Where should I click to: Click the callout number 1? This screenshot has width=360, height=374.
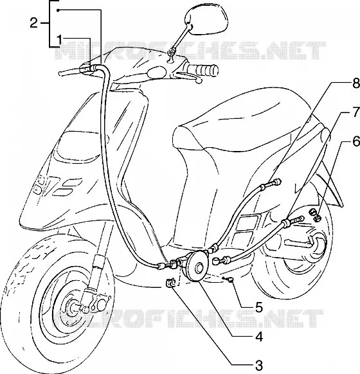pyautogui.click(x=60, y=40)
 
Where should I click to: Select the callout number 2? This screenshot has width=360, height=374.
pyautogui.click(x=34, y=23)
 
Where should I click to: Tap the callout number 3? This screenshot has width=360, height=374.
pyautogui.click(x=258, y=365)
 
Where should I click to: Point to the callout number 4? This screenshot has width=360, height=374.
pyautogui.click(x=258, y=337)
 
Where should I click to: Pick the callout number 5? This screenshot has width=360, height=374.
pyautogui.click(x=258, y=307)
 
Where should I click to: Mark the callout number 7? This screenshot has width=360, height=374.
pyautogui.click(x=355, y=112)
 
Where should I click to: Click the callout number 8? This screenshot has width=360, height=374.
pyautogui.click(x=355, y=84)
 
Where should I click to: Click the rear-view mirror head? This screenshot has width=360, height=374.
pyautogui.click(x=206, y=20)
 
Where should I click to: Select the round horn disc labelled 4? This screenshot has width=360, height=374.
pyautogui.click(x=198, y=267)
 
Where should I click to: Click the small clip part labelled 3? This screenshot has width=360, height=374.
pyautogui.click(x=171, y=283)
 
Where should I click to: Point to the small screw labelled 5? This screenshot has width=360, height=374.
pyautogui.click(x=230, y=280)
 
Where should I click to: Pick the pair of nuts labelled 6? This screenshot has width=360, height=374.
pyautogui.click(x=315, y=215)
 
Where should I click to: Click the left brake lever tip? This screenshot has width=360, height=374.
pyautogui.click(x=60, y=73)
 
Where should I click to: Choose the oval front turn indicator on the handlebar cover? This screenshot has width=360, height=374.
pyautogui.click(x=156, y=72)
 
